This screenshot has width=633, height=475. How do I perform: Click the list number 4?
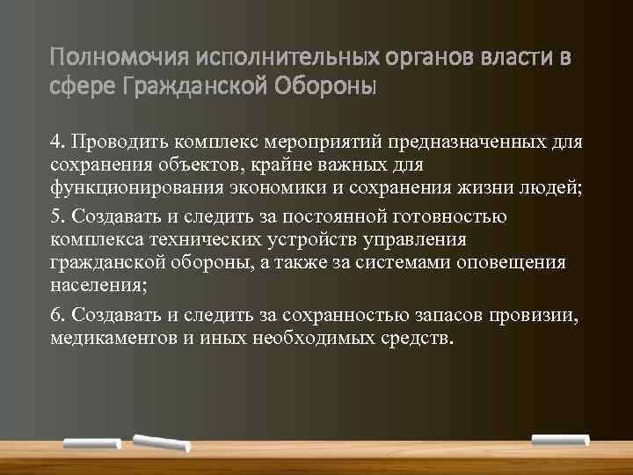(56, 142)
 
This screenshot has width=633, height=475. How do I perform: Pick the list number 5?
(56, 216)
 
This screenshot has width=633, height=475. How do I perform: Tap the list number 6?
(56, 315)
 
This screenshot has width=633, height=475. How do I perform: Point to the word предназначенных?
(480, 142)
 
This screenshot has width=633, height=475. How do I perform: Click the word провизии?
(538, 315)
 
